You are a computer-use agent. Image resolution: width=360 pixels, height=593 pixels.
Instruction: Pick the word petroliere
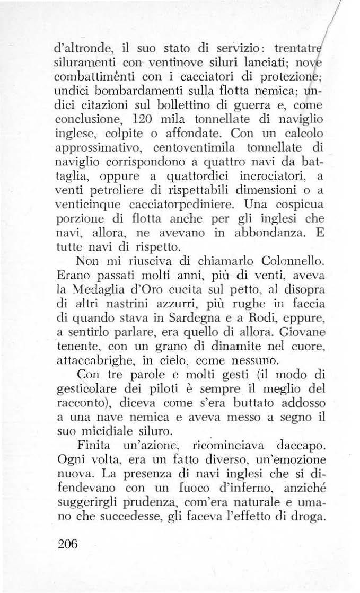[111, 203]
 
